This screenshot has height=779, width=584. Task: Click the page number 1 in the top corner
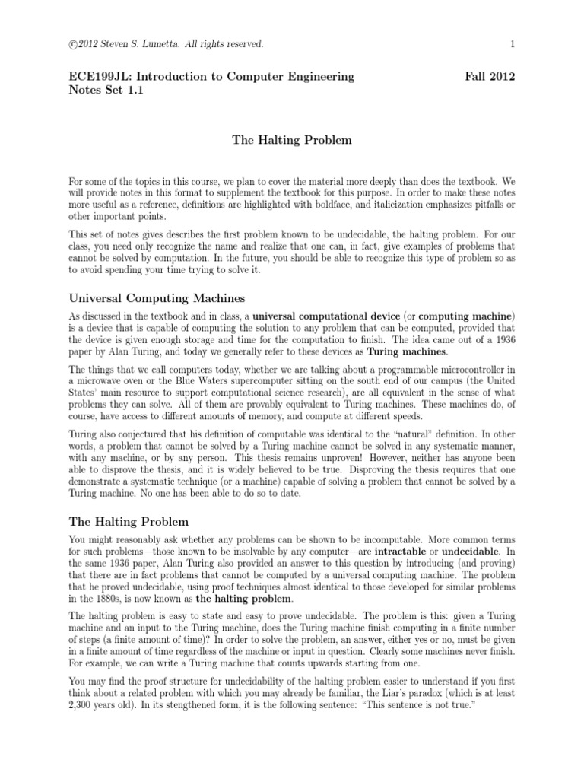(x=513, y=45)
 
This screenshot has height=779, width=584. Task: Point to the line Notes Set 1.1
(x=106, y=91)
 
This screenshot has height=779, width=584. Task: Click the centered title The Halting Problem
(x=292, y=140)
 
